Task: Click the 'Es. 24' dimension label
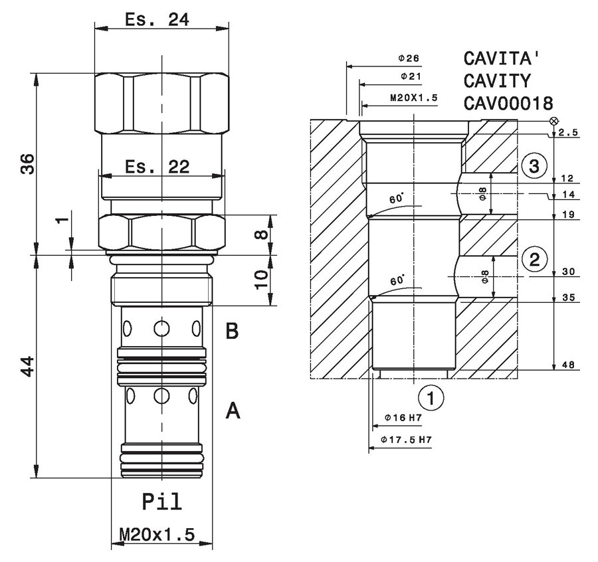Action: click(157, 19)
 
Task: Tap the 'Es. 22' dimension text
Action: click(157, 167)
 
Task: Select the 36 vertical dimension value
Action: click(27, 164)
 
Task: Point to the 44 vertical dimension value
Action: click(27, 367)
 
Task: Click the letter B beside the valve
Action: click(232, 331)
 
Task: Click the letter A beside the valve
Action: click(233, 411)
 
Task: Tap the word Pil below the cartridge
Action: click(162, 502)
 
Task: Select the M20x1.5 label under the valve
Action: click(157, 535)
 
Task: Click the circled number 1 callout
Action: click(431, 398)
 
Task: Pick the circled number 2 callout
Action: click(535, 259)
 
